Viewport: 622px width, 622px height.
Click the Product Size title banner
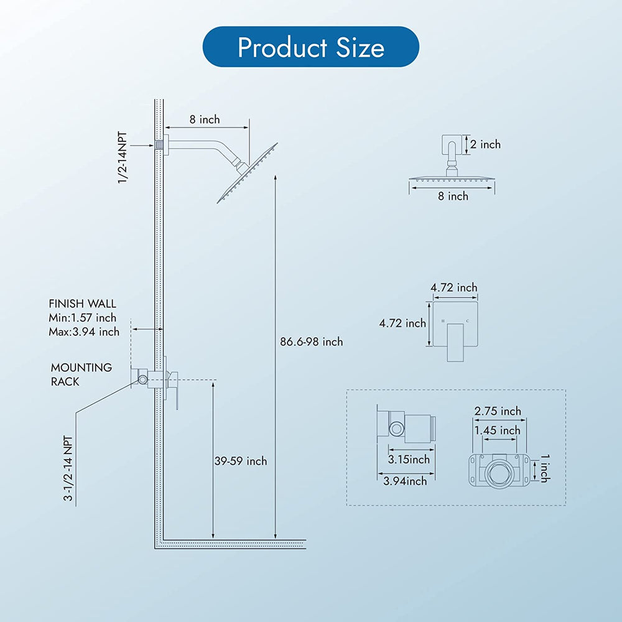pyautogui.click(x=310, y=47)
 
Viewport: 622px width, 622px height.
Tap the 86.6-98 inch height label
pyautogui.click(x=312, y=341)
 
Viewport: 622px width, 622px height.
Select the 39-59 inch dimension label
pyautogui.click(x=241, y=461)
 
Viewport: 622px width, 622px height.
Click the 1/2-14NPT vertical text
pyautogui.click(x=123, y=157)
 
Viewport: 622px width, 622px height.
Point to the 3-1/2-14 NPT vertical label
pyautogui.click(x=68, y=468)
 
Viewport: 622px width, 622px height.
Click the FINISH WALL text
pyautogui.click(x=83, y=304)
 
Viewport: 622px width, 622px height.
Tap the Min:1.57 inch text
pyautogui.click(x=83, y=318)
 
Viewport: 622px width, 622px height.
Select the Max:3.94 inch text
pyautogui.click(x=84, y=332)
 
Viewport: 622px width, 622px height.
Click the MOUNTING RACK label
pyautogui.click(x=81, y=374)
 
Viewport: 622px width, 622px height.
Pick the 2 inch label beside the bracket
pyautogui.click(x=486, y=144)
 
